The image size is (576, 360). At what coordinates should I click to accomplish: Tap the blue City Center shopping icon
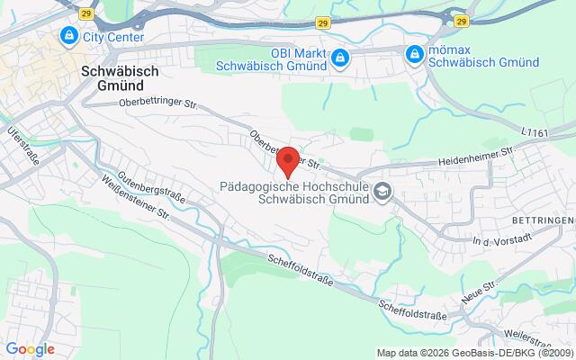[x=67, y=36]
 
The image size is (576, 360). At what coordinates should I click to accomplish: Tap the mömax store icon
[x=414, y=54]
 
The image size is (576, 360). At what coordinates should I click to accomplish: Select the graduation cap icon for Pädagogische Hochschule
[x=383, y=191]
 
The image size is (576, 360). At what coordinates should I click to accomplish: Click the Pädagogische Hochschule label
[x=295, y=192]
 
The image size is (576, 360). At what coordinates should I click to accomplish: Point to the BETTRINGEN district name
[x=544, y=220]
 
